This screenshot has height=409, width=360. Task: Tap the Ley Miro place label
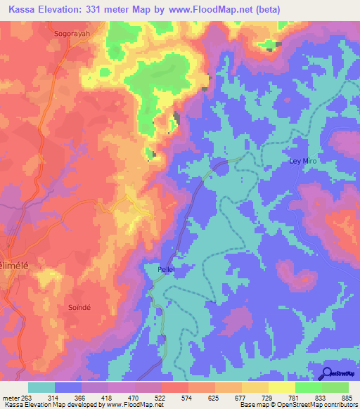coord(304,161)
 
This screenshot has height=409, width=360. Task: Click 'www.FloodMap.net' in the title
coord(216,10)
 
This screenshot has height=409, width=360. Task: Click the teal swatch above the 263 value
coord(41,387)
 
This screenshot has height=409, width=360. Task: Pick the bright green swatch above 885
coord(335,387)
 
